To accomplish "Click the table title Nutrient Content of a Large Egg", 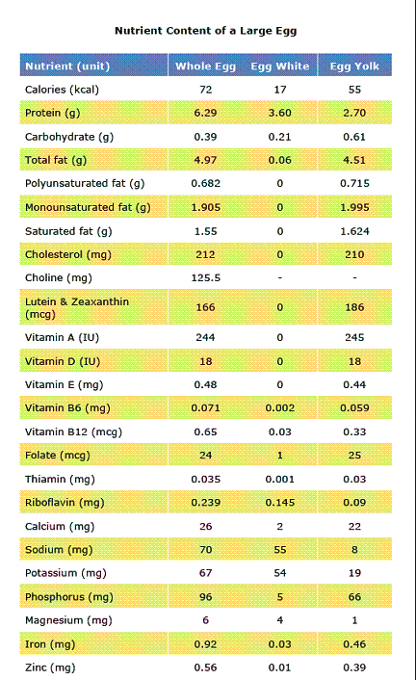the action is (206, 31).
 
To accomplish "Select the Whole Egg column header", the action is (206, 66).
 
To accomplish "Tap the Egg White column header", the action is (280, 65).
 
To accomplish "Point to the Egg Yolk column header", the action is (354, 65).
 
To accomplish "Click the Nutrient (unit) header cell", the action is (67, 66).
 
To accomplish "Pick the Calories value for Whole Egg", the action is (206, 90).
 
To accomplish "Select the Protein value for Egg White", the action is (280, 113).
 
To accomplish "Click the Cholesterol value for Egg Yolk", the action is (354, 254).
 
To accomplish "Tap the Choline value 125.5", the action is (206, 277).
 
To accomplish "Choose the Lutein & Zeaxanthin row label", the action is (77, 307).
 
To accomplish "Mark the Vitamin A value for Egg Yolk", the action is (354, 337).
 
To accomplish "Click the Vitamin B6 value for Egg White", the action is (280, 408).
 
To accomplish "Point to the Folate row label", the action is (58, 456).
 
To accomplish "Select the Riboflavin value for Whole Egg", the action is (206, 503).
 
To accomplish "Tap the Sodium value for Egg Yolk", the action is (354, 549).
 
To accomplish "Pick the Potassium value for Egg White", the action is (280, 573).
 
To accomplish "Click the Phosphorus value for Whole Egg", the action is (206, 597).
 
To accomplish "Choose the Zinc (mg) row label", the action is (50, 667).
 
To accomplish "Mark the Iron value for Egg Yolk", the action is (354, 644).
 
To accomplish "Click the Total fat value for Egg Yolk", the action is (354, 160).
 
